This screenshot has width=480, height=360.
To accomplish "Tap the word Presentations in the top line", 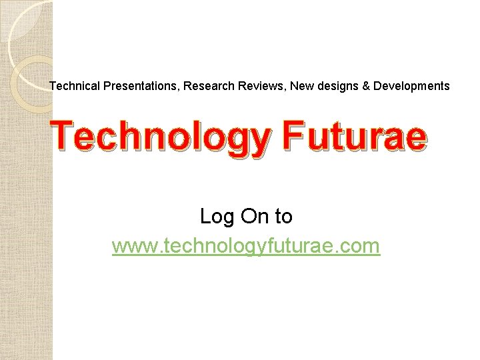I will (x=140, y=86).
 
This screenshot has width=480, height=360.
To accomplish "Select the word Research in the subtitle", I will (x=207, y=86).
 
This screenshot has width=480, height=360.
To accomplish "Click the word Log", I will (x=216, y=217).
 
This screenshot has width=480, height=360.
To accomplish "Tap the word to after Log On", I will (x=283, y=217).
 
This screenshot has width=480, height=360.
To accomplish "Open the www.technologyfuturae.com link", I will (x=246, y=246).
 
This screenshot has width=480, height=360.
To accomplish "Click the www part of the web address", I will (x=131, y=247).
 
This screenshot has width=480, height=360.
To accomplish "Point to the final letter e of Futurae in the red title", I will (x=413, y=139).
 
